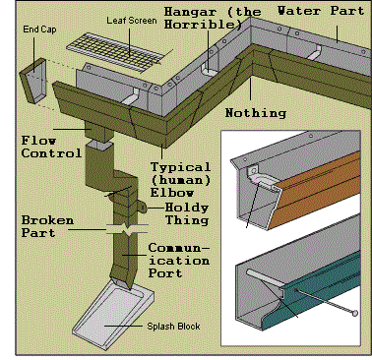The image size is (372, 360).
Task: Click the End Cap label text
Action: (39, 30)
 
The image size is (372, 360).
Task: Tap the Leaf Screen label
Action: (132, 21)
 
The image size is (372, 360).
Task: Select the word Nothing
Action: (256, 113)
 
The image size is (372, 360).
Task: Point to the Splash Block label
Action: (173, 327)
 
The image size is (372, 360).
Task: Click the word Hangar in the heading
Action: (190, 12)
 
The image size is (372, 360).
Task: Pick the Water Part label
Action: (321, 11)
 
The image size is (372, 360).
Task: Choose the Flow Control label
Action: (51, 147)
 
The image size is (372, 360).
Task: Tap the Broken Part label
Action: (47, 226)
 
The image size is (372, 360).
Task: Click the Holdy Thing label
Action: (187, 213)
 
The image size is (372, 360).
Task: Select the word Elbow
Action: (172, 193)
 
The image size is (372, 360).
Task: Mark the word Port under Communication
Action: (165, 272)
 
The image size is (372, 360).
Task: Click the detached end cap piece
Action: (32, 81)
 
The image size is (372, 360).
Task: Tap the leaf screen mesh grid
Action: (116, 52)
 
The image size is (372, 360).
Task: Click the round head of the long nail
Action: (354, 313)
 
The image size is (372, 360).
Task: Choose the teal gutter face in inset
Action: (315, 288)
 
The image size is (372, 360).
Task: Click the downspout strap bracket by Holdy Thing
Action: (142, 207)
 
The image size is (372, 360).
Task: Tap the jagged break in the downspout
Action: (127, 229)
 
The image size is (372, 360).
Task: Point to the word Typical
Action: (180, 167)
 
